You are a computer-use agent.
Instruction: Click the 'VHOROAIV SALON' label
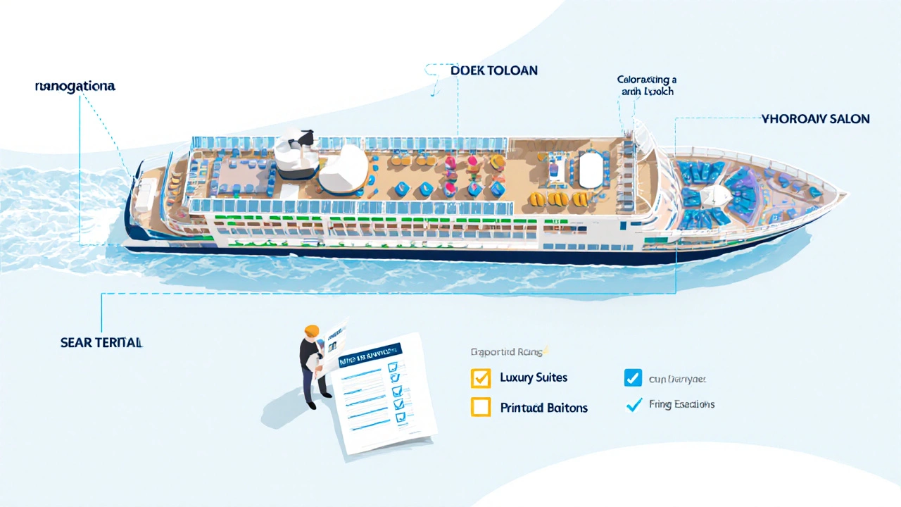tap(815, 119)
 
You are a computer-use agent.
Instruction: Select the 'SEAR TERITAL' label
tap(101, 343)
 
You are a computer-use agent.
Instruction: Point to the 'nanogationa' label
tap(75, 87)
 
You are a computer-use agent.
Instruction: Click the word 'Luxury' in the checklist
tap(515, 377)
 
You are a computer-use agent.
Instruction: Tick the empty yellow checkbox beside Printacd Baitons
tap(480, 407)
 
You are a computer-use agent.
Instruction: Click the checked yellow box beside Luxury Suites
tap(480, 378)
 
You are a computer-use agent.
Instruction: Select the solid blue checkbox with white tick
tap(633, 378)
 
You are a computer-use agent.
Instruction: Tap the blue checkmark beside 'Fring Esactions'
tap(634, 405)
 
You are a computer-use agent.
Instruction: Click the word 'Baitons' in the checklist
tap(566, 408)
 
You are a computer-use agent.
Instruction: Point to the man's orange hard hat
tap(311, 331)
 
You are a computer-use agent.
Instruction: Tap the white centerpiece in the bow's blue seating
tap(717, 195)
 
